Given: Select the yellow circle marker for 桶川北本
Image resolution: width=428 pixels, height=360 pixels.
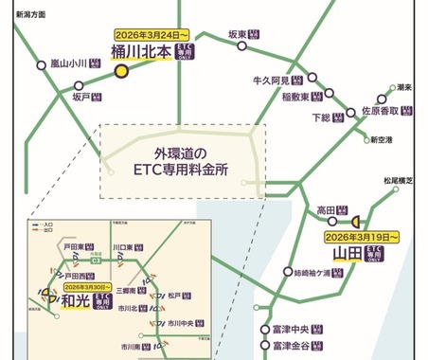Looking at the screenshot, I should click(x=121, y=69).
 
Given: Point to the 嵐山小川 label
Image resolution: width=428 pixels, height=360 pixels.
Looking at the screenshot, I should click(x=67, y=64).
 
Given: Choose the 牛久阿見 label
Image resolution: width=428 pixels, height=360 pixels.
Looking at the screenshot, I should click(x=275, y=81).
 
